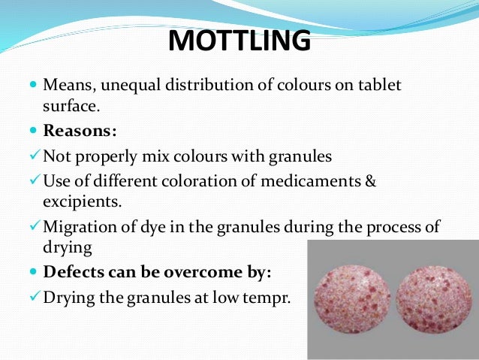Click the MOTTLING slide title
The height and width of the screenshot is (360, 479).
pos(239,41)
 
